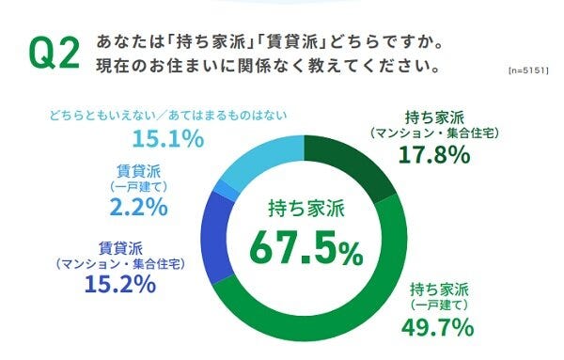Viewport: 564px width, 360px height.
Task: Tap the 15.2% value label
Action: [x=119, y=283]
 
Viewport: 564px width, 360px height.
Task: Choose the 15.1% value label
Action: [x=168, y=140]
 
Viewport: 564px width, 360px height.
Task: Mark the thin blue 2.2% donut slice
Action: [x=223, y=193]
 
